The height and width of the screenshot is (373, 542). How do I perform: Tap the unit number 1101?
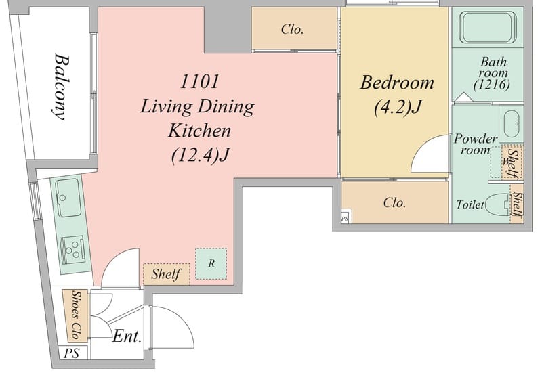pos(199,82)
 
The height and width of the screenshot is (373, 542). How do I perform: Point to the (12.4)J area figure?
pos(201,155)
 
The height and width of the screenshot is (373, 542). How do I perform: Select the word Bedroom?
pos(397,83)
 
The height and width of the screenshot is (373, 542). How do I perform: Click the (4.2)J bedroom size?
pos(398,107)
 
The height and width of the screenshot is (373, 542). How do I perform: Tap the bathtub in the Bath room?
pos(487,27)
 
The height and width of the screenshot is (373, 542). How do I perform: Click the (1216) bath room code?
pos(492,85)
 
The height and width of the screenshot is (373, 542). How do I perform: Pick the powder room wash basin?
pos(512,124)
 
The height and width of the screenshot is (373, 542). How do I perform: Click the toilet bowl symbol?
pos(498,205)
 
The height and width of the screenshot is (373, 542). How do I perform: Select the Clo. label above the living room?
pos(292,29)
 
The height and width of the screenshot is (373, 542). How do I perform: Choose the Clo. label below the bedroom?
pos(394,202)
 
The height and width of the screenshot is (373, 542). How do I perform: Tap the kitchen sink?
pos(68,198)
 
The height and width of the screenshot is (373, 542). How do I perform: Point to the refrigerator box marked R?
pos(211,263)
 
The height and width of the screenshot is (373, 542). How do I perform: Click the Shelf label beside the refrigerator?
pos(166,274)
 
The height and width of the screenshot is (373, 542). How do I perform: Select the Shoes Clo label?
pos(76,315)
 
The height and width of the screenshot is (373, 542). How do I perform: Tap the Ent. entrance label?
pos(127,336)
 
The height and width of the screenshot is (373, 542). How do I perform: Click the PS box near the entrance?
pos(72,353)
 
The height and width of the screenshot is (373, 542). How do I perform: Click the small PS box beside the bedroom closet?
pos(345,218)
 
